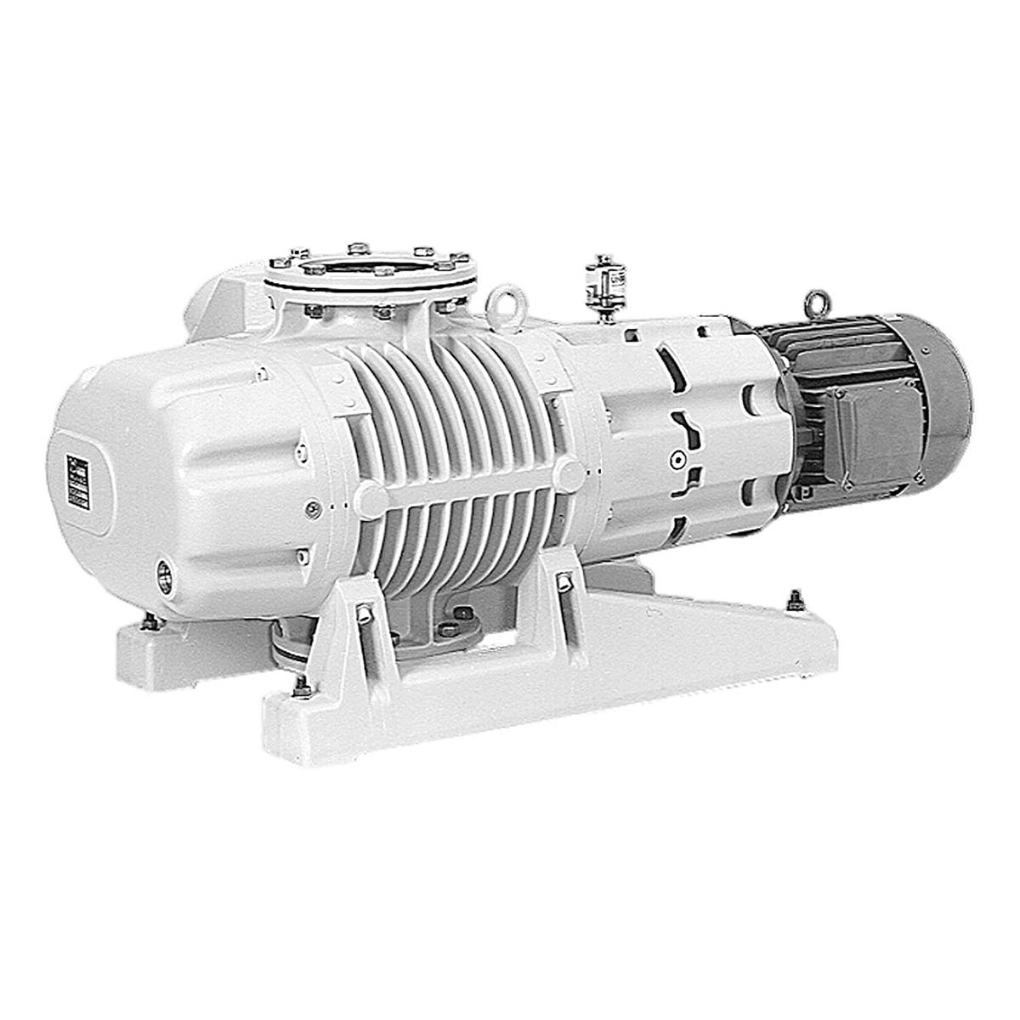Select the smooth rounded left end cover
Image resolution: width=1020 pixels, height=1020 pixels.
tap(195, 476)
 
